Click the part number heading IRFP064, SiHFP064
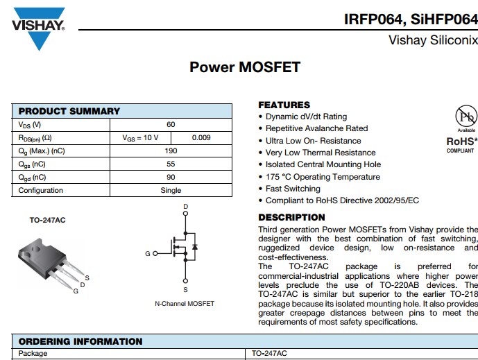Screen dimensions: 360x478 411,19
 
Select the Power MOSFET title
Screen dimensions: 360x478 245,67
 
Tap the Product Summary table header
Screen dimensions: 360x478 69,111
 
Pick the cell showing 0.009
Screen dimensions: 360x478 201,137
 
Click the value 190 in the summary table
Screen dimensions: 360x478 171,151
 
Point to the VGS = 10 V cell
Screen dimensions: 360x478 141,137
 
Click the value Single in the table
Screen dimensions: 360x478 171,190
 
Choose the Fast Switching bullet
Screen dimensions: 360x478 293,189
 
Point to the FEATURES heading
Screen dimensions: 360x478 284,105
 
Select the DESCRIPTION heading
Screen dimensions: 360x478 291,217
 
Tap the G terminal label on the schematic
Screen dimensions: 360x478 147,254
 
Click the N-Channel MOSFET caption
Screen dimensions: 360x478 185,303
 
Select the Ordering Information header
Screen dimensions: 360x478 80,341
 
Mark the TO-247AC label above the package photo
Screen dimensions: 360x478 47,220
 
